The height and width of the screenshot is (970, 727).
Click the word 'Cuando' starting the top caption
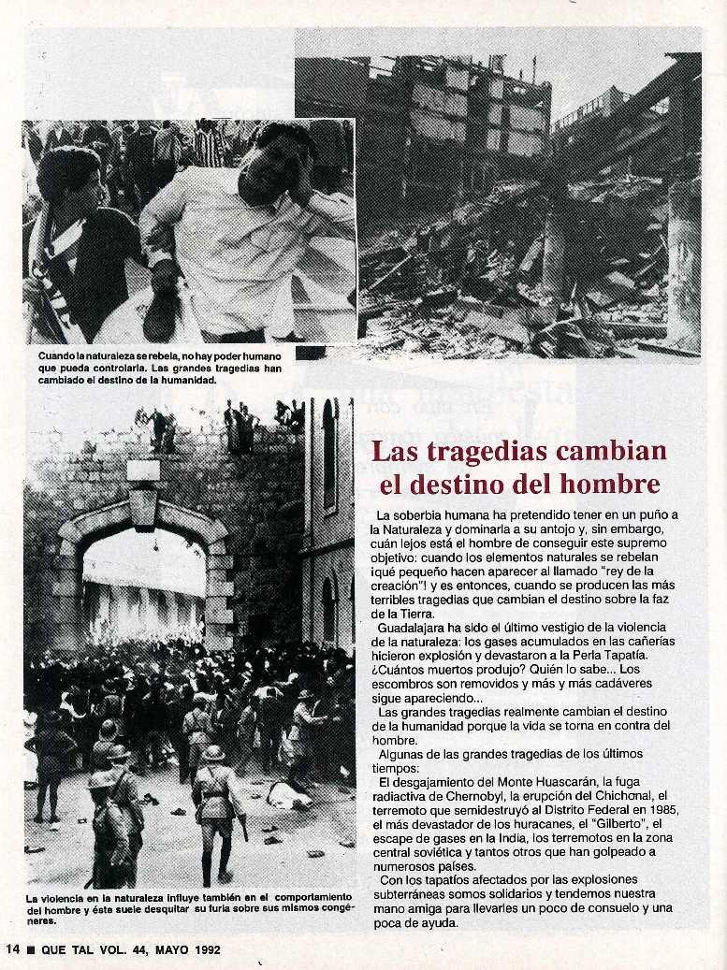[57, 356]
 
